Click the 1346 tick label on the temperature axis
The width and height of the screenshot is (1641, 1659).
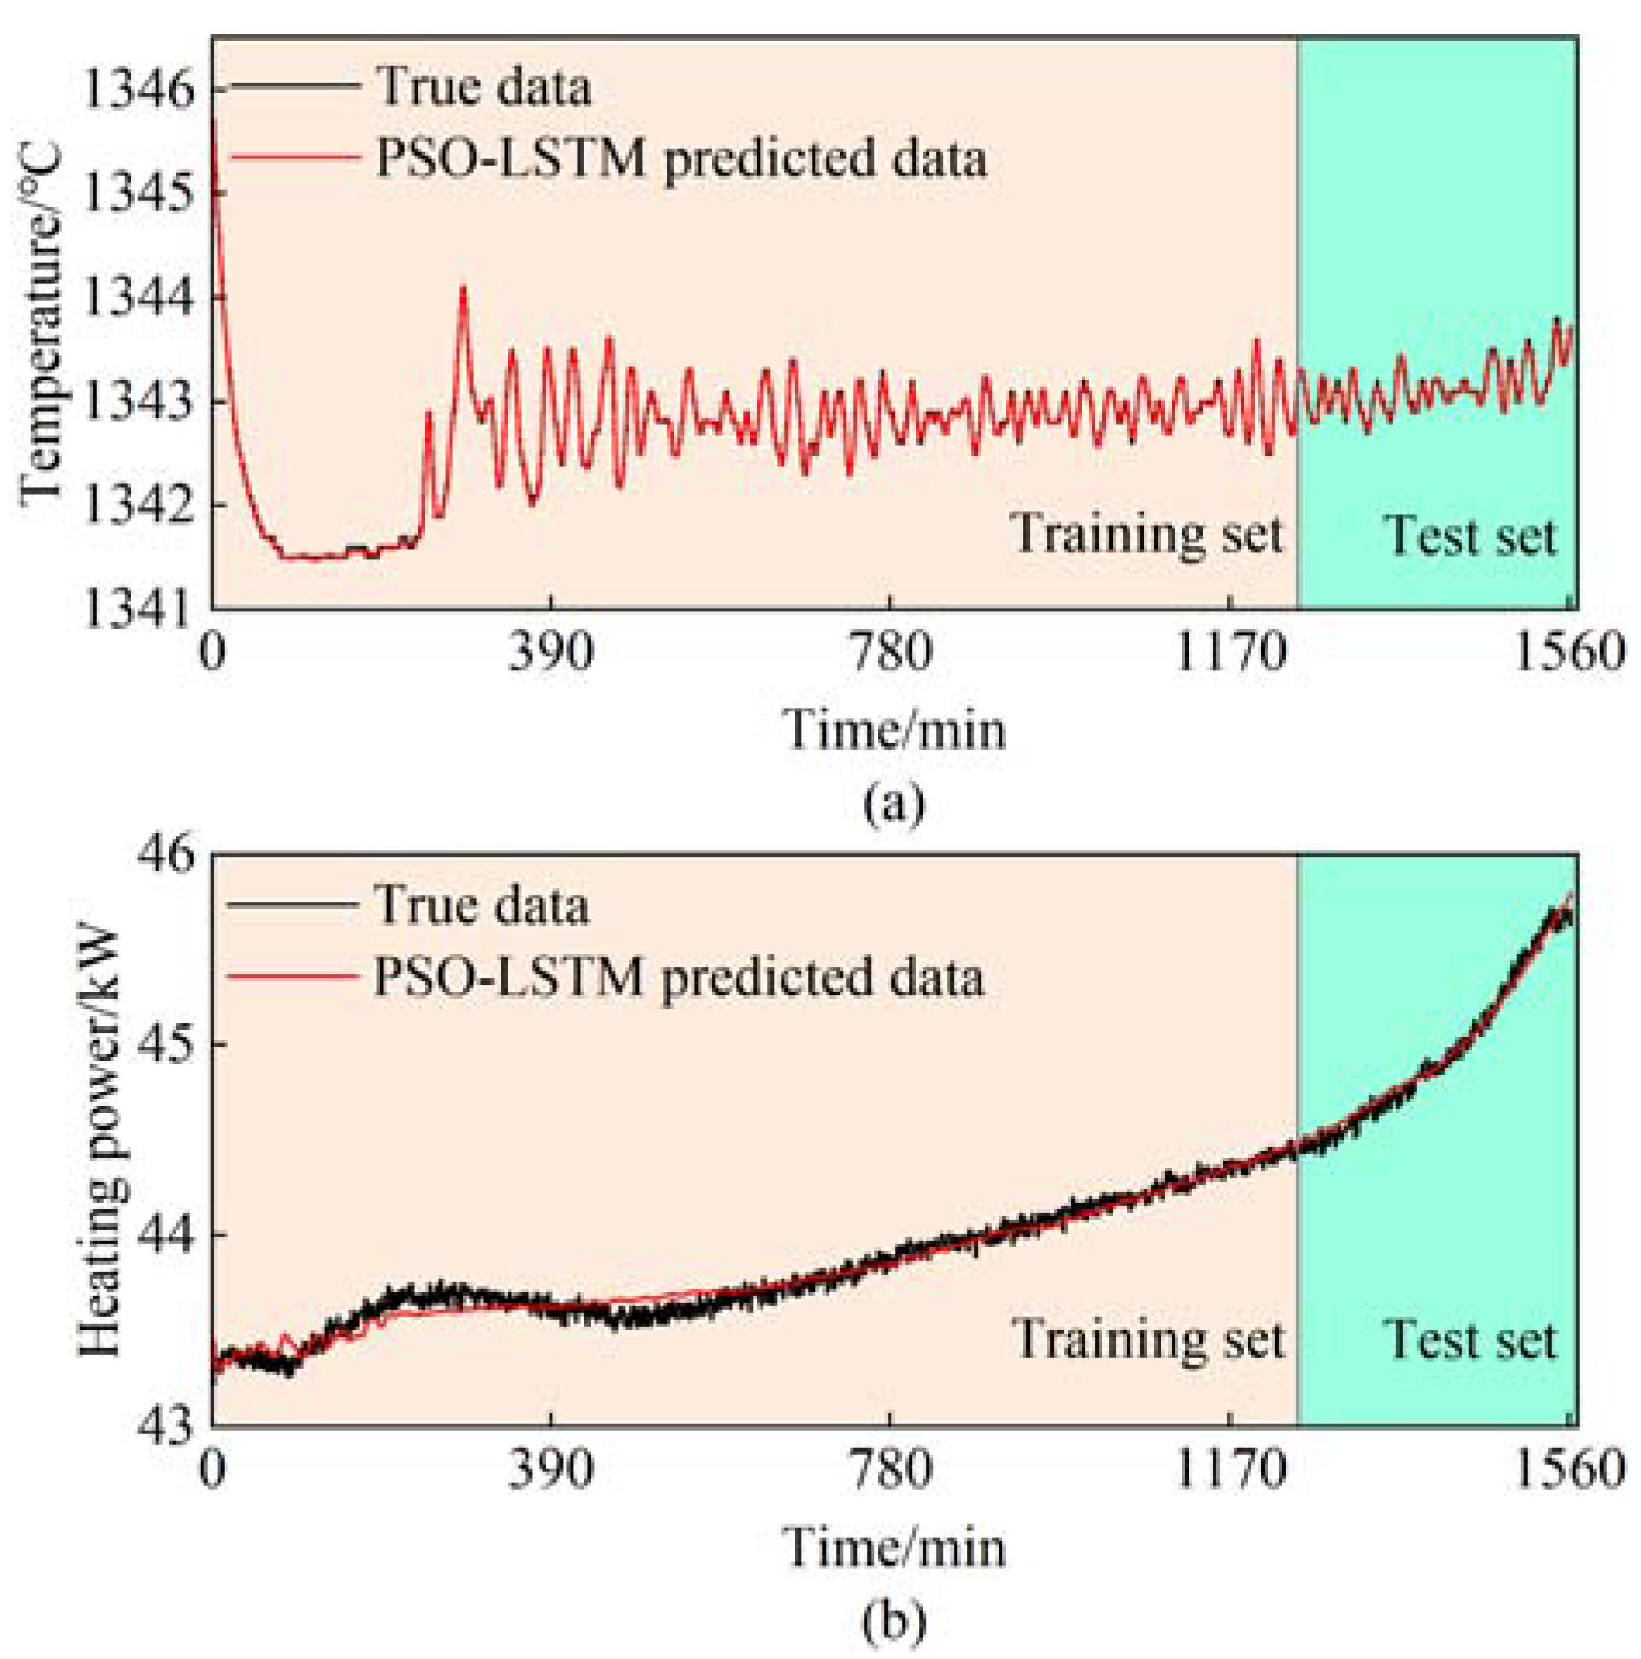coord(138,89)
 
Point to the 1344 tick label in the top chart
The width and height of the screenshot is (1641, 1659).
coord(138,297)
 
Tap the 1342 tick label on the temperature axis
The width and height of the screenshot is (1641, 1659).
coord(138,505)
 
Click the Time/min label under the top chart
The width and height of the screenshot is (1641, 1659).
coord(894,729)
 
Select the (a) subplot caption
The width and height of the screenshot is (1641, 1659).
coord(894,802)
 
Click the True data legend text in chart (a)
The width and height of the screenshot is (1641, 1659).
coord(484,87)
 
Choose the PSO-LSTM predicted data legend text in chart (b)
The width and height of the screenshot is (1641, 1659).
coord(679,978)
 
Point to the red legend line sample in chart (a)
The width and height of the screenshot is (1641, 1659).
coord(294,157)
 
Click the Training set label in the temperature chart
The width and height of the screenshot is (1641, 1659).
coord(1146,533)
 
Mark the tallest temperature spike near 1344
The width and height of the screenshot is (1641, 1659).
coord(463,290)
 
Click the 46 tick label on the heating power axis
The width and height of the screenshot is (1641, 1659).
coord(166,853)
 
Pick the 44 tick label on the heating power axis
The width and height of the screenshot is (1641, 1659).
coord(166,1235)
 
